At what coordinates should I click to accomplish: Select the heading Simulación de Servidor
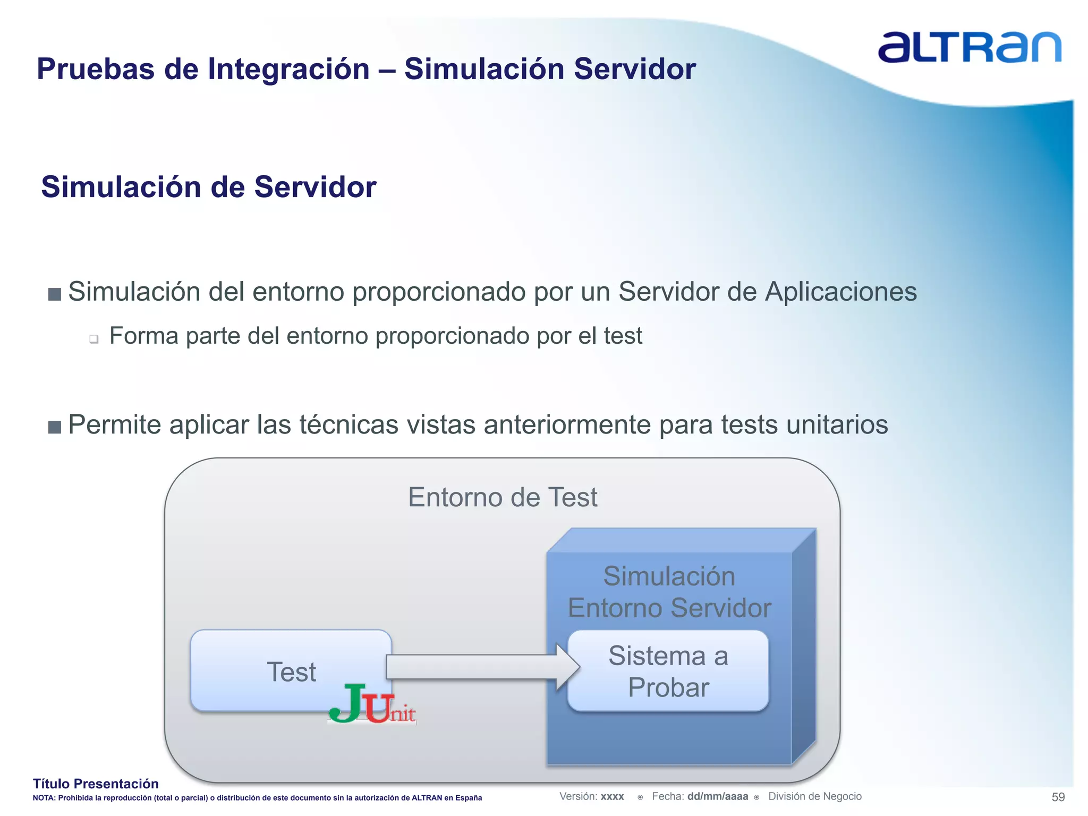(x=209, y=187)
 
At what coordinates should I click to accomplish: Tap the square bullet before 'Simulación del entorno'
(x=55, y=294)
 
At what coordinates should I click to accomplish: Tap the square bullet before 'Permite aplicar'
(x=55, y=427)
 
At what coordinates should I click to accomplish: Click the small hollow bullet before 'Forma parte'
(x=94, y=339)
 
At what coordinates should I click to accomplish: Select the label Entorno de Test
(x=503, y=497)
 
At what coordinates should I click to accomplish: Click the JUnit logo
(x=372, y=704)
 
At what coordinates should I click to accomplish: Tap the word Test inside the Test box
(x=291, y=672)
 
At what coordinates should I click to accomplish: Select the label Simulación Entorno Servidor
(x=669, y=592)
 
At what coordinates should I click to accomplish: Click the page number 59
(x=1058, y=797)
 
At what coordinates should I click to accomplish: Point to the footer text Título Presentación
(x=96, y=784)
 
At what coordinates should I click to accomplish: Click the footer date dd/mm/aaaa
(x=717, y=796)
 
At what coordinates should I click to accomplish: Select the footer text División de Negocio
(x=814, y=796)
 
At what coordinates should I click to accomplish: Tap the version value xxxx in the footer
(x=612, y=797)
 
